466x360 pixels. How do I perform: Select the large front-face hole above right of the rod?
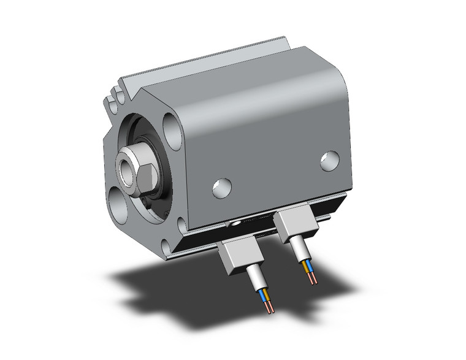(x=173, y=131)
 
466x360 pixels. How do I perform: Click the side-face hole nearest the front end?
(x=221, y=188)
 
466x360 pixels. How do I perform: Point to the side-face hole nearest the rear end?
(x=330, y=161)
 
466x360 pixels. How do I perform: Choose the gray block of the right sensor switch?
(x=296, y=226)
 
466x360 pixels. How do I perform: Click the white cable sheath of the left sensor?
(x=258, y=281)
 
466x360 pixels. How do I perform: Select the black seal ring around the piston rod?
(x=158, y=184)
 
